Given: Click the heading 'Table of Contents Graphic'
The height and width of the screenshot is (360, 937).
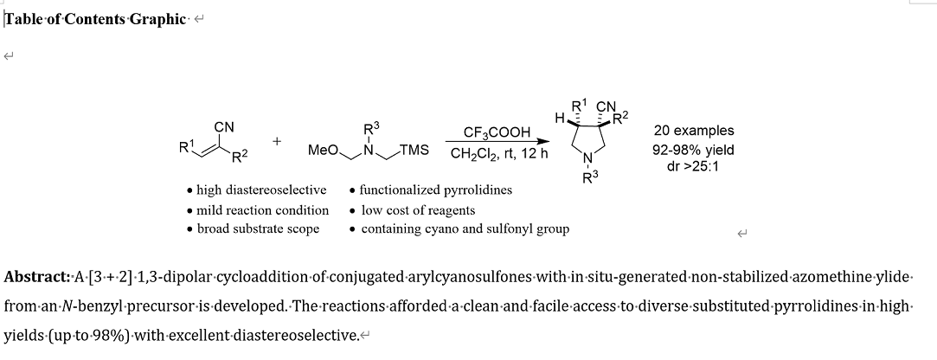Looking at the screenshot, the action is pyautogui.click(x=95, y=19).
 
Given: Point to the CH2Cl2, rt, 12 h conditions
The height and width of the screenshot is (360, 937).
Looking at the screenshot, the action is pyautogui.click(x=497, y=156).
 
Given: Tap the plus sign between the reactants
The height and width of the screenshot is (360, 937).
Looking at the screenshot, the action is pyautogui.click(x=277, y=139).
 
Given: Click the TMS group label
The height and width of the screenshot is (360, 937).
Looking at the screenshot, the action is pyautogui.click(x=414, y=150).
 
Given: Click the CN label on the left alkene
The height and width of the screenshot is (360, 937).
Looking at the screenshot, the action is pyautogui.click(x=224, y=127).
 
